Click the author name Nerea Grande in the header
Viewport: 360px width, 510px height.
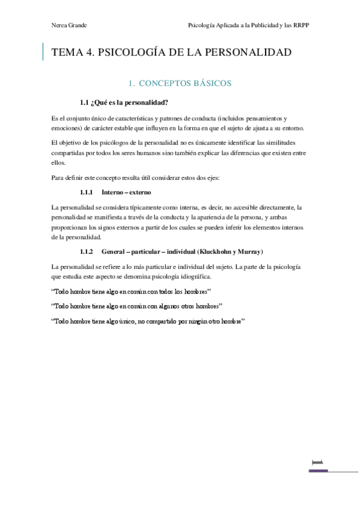(70, 25)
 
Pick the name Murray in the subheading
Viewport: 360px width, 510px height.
(248, 250)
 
